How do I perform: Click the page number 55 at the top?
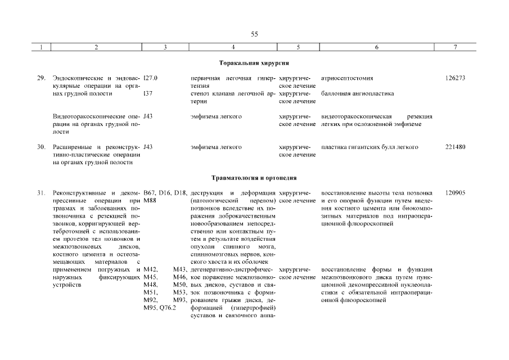coord(254,34)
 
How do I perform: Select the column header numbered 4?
coord(233,48)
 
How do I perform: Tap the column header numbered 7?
coord(454,48)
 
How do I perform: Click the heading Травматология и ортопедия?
coord(254,178)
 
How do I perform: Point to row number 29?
coord(41,78)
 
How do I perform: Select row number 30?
coord(41,147)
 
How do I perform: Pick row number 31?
coord(41,193)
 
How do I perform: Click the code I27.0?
coord(151,78)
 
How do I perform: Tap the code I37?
coord(148,93)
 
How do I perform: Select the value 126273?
coord(454,78)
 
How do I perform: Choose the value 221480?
coord(454,147)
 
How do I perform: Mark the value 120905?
coord(454,193)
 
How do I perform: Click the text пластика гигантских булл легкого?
coord(370,147)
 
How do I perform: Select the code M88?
coord(150,201)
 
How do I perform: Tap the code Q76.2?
coord(168,308)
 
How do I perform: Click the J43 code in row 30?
coord(148,147)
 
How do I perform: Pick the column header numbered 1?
coord(41,48)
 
